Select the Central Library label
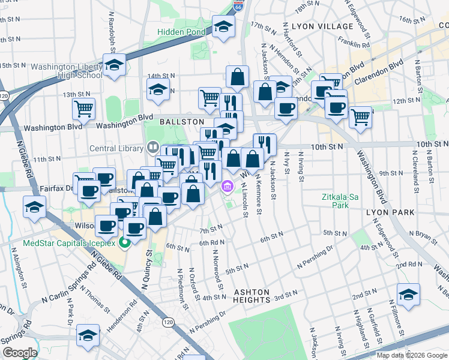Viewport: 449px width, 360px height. (116, 149)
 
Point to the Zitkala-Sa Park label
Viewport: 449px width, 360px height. (340, 200)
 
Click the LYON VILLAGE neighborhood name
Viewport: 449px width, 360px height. (323, 26)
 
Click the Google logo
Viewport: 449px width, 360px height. (19, 353)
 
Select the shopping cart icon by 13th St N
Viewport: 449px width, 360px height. (83, 109)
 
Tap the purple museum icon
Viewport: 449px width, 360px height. (228, 187)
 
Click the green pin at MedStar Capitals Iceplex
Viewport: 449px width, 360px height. (125, 243)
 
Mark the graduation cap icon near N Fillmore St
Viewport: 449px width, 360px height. (408, 295)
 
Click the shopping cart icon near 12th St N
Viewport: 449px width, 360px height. (360, 117)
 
